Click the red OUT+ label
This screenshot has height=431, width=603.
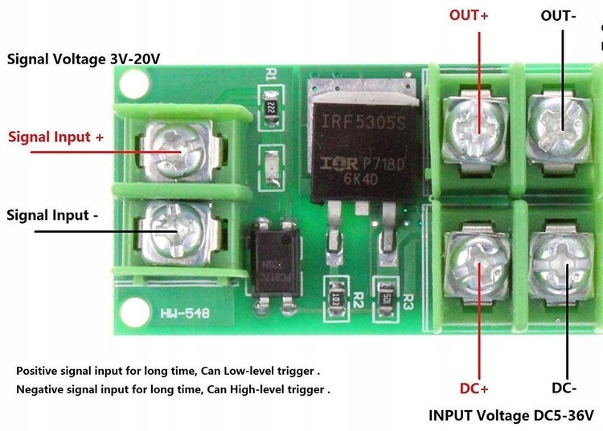tap(469, 15)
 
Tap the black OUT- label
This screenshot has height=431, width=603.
tap(558, 15)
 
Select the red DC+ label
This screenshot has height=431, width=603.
tap(474, 388)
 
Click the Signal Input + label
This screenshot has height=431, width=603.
tap(56, 136)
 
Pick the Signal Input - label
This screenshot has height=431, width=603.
tap(53, 215)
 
